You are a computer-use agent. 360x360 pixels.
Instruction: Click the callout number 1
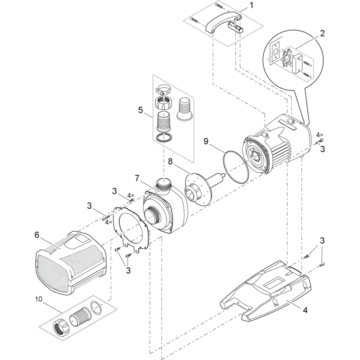tap(252, 6)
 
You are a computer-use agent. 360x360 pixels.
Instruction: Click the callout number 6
tap(37, 235)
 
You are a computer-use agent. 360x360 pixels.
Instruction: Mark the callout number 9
tap(205, 142)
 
